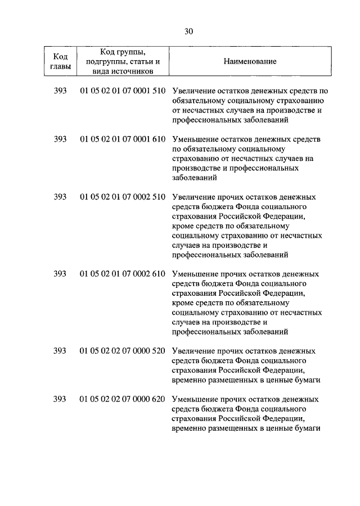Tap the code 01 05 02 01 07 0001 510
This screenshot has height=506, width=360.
point(122,91)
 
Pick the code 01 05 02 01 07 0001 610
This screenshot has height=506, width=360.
point(122,138)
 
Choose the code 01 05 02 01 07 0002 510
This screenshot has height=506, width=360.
point(122,197)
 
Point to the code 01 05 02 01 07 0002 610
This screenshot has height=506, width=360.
point(122,274)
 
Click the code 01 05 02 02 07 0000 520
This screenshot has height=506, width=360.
point(122,351)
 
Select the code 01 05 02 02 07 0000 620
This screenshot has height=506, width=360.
point(122,399)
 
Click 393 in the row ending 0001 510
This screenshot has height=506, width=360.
point(60,91)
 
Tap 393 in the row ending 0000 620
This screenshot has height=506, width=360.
point(60,399)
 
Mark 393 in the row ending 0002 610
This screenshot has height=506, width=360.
point(60,274)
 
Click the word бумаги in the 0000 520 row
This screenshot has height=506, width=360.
point(307,379)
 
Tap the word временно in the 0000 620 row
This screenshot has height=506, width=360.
point(191,428)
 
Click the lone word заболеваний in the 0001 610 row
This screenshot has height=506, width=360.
point(195,177)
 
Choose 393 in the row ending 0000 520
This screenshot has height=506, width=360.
point(60,351)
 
